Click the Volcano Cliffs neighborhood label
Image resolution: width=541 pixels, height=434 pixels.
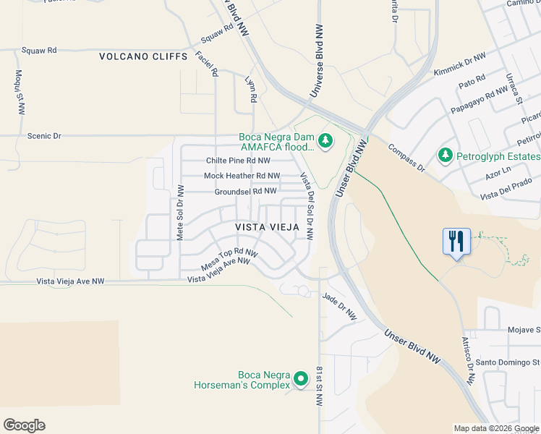143,56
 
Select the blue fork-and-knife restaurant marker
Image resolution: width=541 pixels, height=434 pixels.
456,241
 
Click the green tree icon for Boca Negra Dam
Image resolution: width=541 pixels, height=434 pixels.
325,140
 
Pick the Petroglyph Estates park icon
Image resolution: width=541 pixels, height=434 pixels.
445,156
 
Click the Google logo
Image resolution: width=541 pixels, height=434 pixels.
24,425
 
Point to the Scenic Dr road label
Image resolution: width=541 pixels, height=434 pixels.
44,135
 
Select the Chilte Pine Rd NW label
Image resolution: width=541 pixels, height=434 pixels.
238,161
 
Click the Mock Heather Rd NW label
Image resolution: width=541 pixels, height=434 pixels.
242,176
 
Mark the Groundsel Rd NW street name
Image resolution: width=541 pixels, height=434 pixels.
245,191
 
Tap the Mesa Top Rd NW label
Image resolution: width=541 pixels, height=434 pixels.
229,260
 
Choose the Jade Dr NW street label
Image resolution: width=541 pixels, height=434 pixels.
340,306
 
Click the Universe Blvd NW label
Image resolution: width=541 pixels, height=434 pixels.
316,61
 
